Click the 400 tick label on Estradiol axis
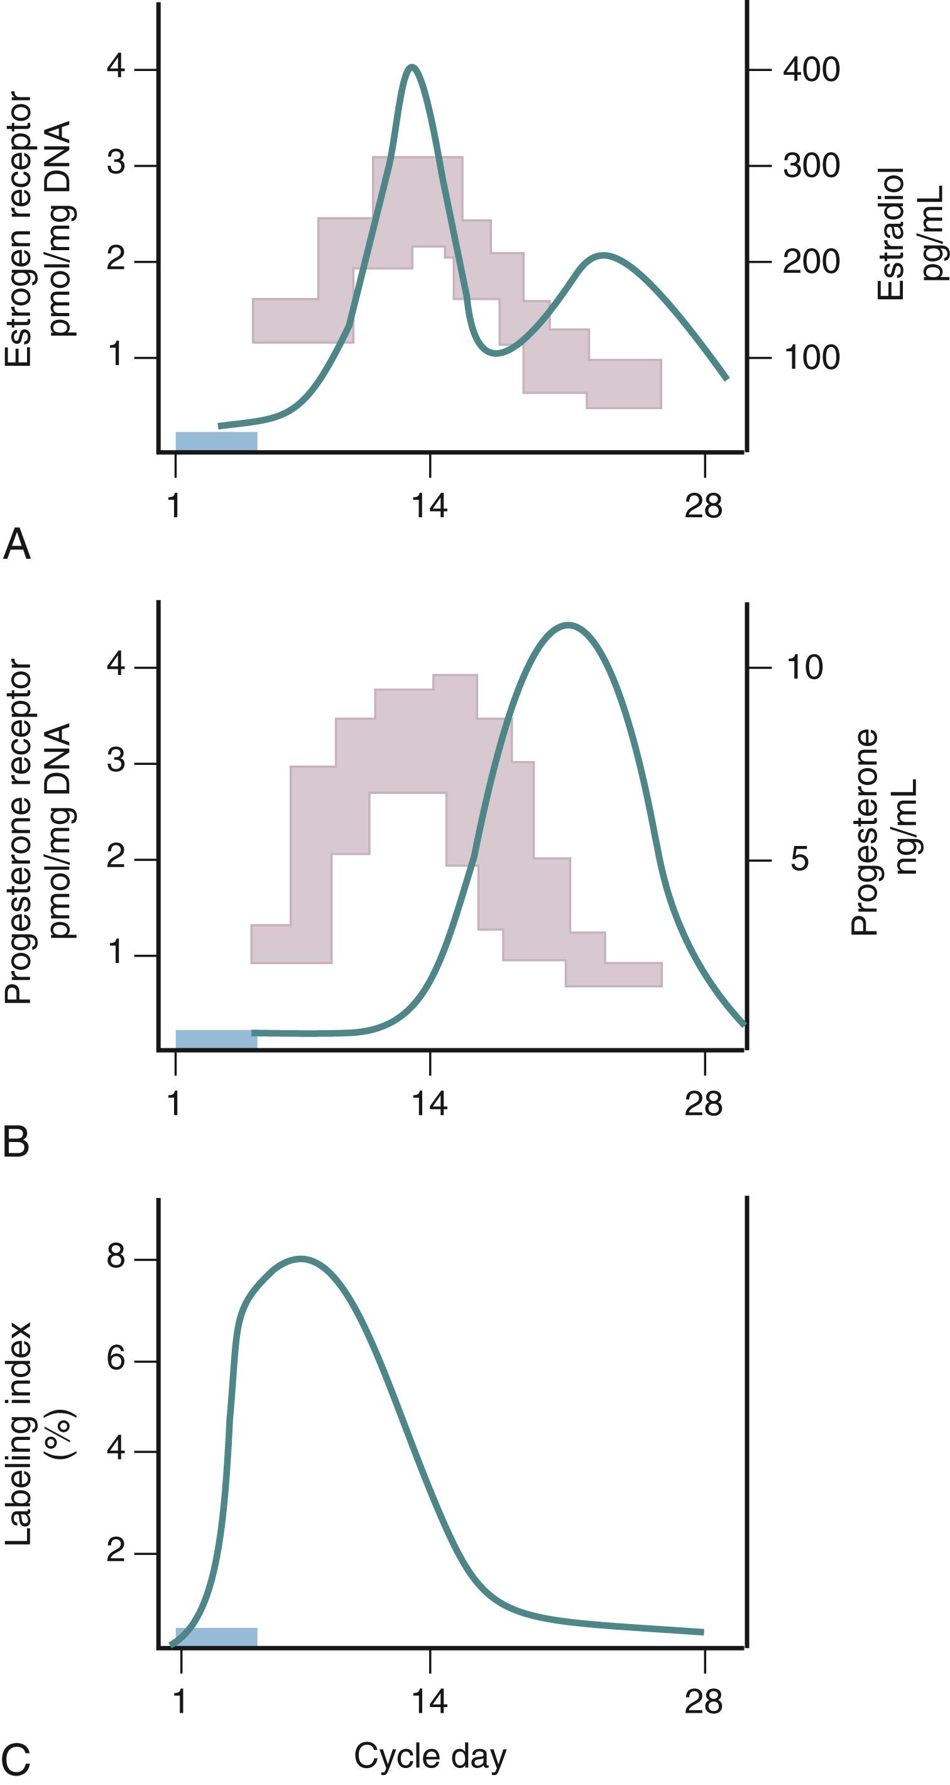click(811, 70)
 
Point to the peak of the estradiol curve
click(412, 67)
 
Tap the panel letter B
click(16, 1142)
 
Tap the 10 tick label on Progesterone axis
click(804, 667)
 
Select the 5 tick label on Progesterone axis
click(799, 859)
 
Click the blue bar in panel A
click(216, 441)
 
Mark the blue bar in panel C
click(216, 1637)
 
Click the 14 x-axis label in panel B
click(429, 1103)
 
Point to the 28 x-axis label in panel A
click(703, 506)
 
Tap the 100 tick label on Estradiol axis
click(811, 358)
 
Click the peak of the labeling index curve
click(301, 1258)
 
